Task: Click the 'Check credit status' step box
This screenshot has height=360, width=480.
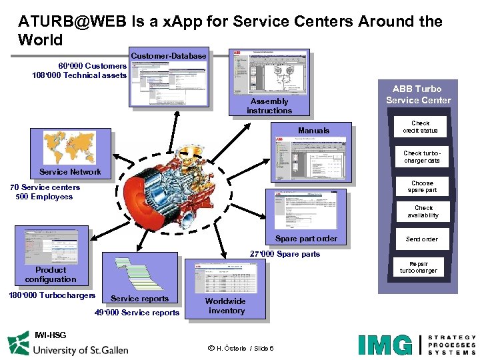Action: (x=421, y=127)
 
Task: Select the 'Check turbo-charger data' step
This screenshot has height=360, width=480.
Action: (x=421, y=157)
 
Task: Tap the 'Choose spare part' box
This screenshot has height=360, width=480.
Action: (x=422, y=187)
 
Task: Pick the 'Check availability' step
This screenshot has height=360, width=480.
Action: (x=423, y=212)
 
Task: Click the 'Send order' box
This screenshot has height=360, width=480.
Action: (x=421, y=239)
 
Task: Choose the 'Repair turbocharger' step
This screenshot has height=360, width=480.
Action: (x=419, y=267)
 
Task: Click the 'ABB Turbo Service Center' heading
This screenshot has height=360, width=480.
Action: (x=418, y=95)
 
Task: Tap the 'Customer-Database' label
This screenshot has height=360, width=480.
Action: (x=169, y=56)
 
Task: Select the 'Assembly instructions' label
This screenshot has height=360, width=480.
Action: (x=269, y=106)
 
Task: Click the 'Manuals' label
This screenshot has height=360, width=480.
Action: (x=313, y=131)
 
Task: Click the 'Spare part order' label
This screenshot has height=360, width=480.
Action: (x=306, y=239)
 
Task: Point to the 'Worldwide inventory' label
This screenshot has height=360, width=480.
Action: (x=225, y=306)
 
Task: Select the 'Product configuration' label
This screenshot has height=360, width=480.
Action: (x=51, y=275)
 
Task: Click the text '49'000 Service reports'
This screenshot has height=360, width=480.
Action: (x=137, y=313)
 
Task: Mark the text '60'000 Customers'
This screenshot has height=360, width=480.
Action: (x=92, y=66)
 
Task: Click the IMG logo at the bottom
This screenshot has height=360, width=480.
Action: (x=385, y=345)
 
